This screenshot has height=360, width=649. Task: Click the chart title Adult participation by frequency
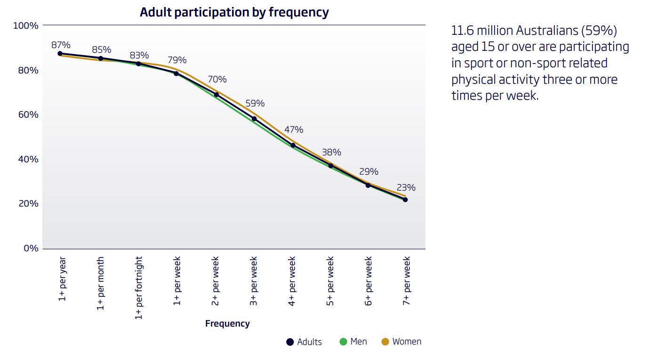(234, 12)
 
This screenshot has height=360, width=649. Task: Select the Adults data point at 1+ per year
(60, 54)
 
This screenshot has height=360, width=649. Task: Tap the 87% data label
(61, 45)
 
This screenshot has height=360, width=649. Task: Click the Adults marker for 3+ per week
(254, 119)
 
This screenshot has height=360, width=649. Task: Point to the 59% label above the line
(255, 104)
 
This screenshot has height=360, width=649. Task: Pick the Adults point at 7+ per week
(405, 200)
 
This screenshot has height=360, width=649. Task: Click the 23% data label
(405, 188)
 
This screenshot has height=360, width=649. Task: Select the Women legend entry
(401, 342)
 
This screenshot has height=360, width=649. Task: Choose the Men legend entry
(353, 342)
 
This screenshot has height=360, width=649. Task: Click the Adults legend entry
(304, 342)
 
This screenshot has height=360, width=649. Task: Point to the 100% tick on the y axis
(26, 25)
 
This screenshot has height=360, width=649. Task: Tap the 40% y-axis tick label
(29, 159)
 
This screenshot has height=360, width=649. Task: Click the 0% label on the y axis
(31, 248)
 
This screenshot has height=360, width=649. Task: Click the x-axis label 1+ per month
(100, 283)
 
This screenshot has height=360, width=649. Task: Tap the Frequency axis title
(227, 324)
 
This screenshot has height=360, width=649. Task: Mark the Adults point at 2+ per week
(216, 95)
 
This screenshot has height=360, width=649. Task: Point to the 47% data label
(294, 130)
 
